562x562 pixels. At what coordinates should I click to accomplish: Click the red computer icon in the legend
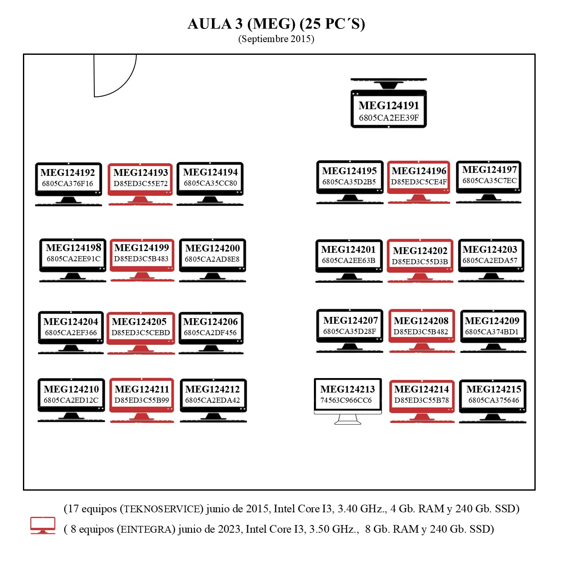[x=42, y=525]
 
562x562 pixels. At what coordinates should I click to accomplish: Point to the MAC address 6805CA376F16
[x=68, y=184]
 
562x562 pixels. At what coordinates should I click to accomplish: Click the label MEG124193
[x=141, y=172]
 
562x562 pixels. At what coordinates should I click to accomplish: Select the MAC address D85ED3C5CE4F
[x=419, y=182]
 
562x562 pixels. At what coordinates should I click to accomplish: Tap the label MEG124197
[x=489, y=169]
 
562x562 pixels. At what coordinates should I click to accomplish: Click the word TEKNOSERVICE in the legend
[x=161, y=509]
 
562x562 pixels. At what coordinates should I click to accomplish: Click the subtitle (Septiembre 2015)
[x=276, y=39]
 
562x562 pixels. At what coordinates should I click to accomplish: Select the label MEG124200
[x=212, y=248]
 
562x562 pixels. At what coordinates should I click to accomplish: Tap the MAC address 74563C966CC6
[x=346, y=400]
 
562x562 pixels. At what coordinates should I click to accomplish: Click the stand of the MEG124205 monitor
[x=140, y=348]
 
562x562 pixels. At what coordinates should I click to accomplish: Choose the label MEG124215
[x=494, y=389]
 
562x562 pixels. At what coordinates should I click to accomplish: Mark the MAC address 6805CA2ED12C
[x=71, y=400]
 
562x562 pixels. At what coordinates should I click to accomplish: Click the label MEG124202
[x=420, y=251]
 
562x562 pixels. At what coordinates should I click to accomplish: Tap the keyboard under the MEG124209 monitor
[x=493, y=352]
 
